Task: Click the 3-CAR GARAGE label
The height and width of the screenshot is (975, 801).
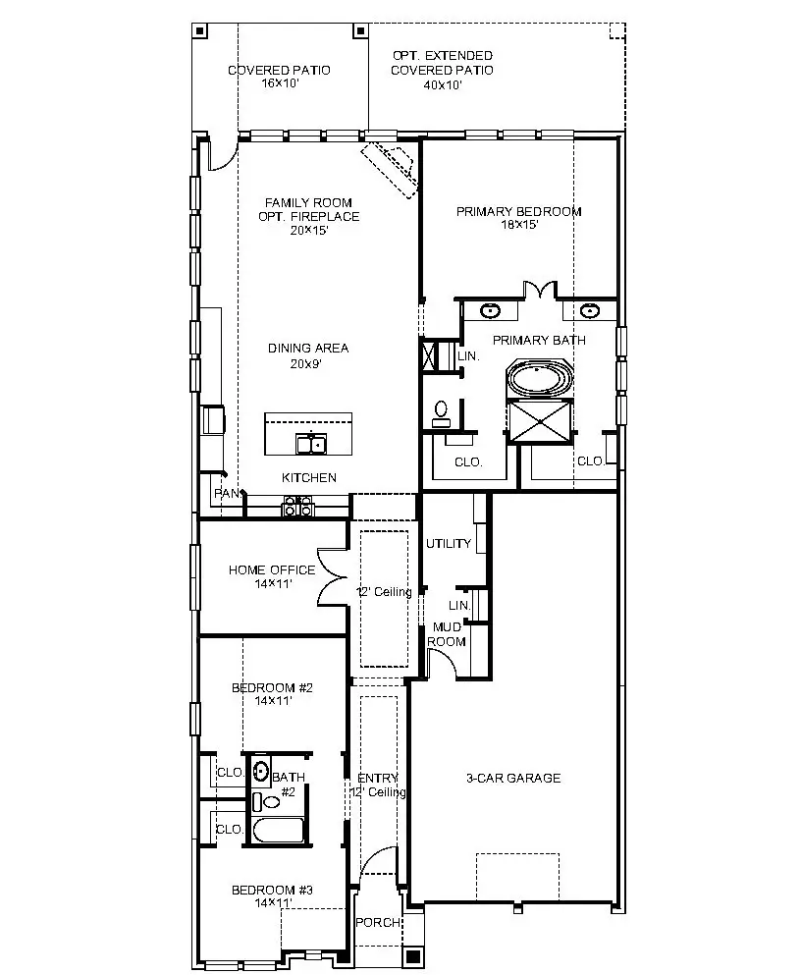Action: point(513,778)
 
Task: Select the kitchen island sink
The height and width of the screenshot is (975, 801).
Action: point(311,445)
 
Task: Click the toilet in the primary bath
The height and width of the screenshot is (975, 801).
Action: point(442,410)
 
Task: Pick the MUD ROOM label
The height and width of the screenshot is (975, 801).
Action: point(448,633)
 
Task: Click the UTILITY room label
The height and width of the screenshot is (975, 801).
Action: point(448,543)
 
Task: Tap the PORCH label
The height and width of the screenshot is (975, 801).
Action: point(378,922)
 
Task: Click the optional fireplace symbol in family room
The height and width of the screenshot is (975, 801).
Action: point(392,162)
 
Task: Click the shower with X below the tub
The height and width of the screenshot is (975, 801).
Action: point(539,423)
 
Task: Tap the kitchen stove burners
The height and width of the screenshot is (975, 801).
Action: point(298,506)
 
